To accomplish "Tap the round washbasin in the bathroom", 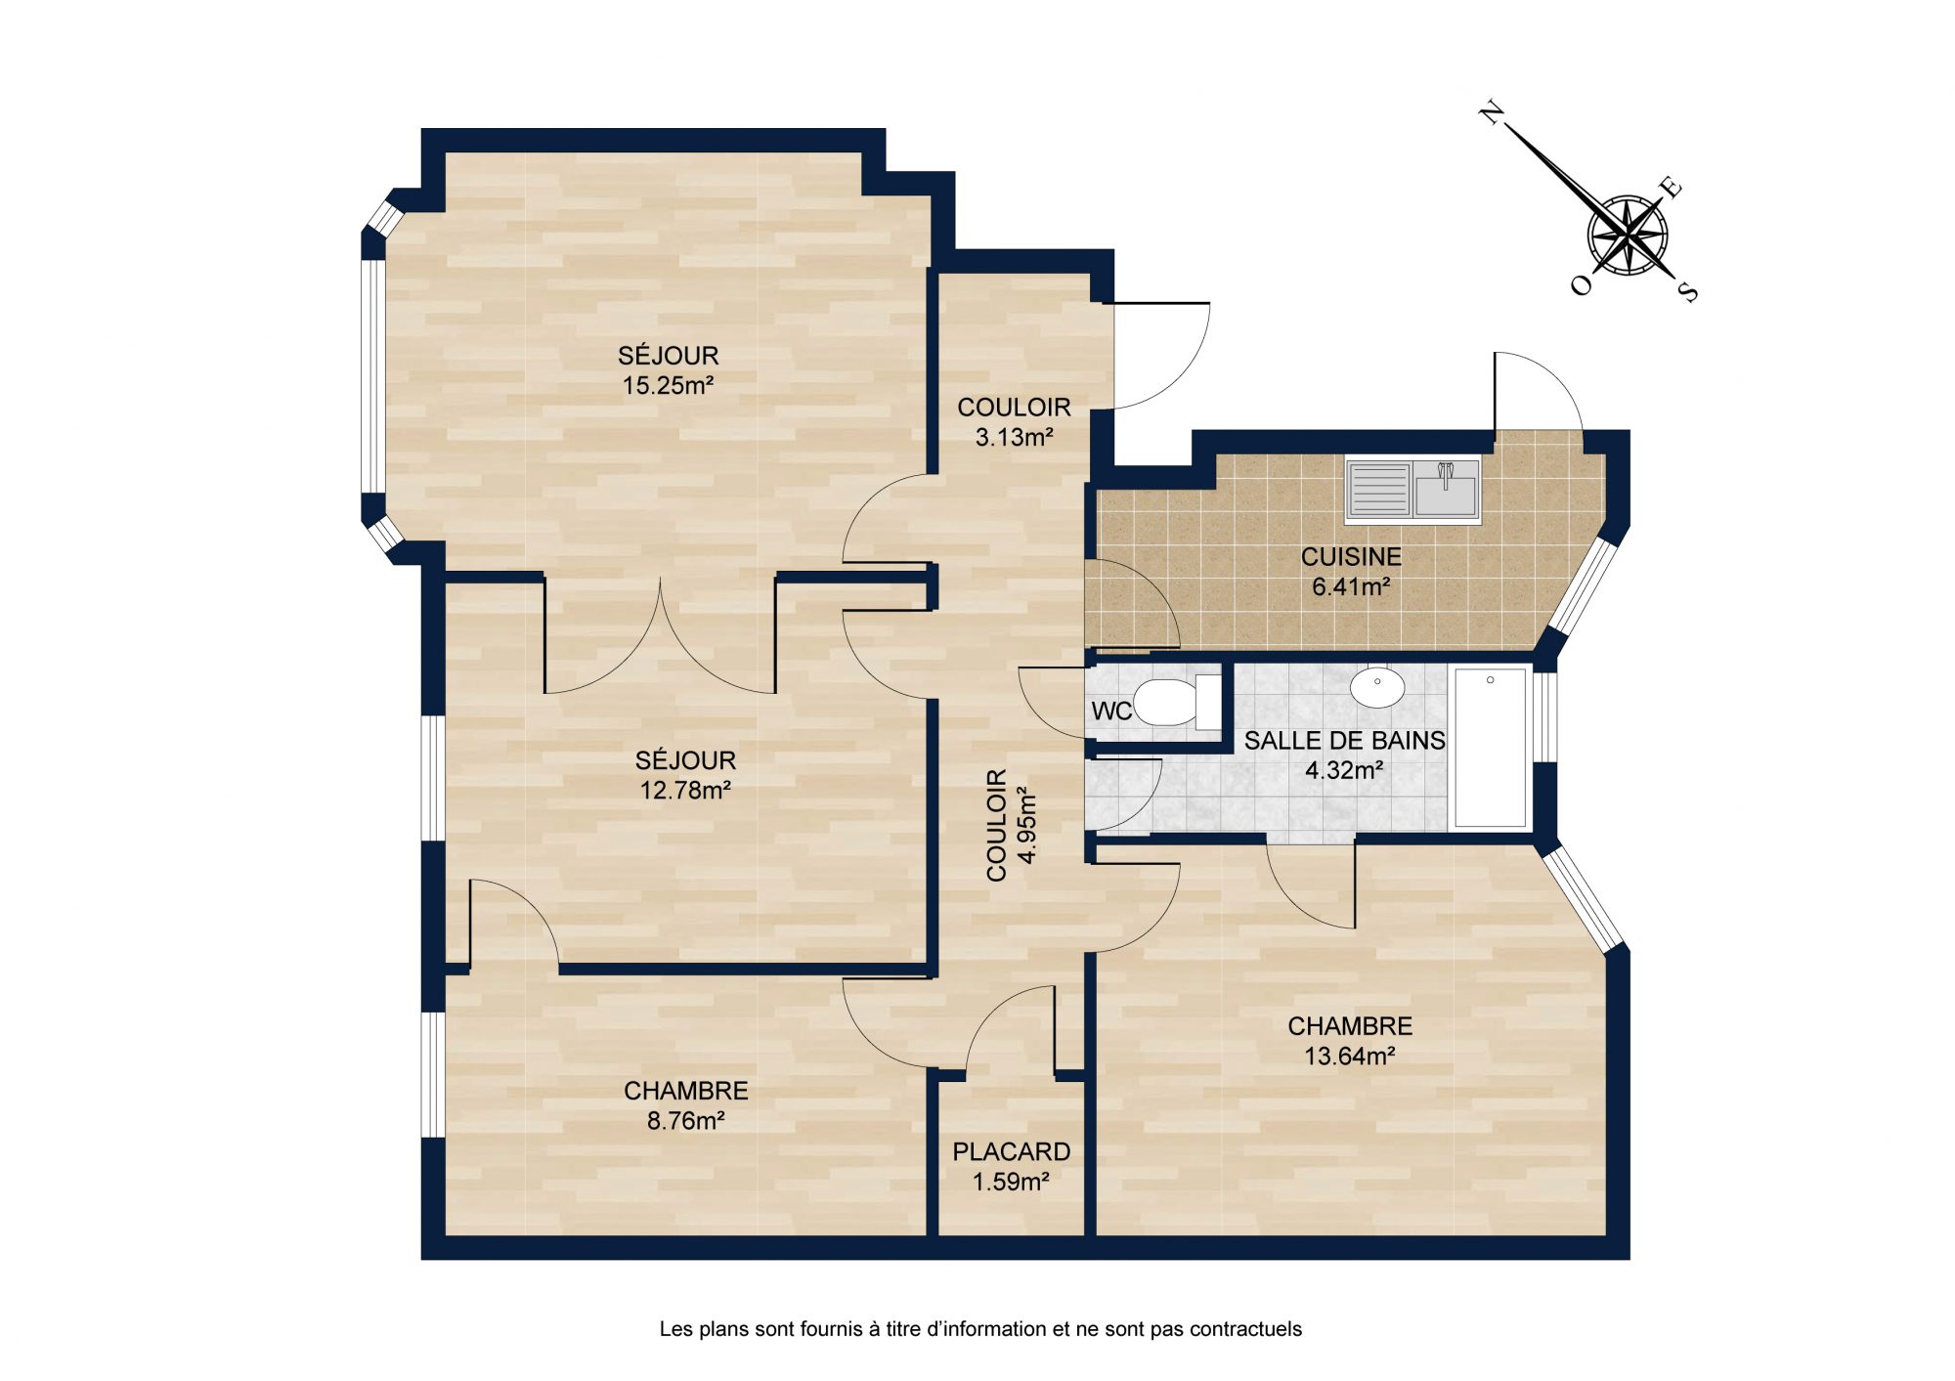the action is tap(1377, 687).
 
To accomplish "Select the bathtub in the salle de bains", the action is tap(1491, 748).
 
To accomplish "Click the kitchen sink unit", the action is tap(1412, 489).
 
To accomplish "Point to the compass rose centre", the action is tap(1628, 237).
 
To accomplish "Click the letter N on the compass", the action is tap(1491, 113).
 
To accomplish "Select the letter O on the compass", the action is tap(1581, 284).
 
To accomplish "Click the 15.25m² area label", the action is tap(669, 385).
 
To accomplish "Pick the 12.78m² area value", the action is tap(686, 790).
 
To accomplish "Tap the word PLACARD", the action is tap(1012, 1151).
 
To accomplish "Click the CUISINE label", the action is tap(1351, 557).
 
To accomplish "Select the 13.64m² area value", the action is tap(1350, 1056).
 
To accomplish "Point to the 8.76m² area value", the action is tap(686, 1120).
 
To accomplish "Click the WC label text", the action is tap(1111, 711).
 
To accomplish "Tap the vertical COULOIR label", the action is tap(996, 826).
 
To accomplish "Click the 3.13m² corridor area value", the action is tap(1015, 437).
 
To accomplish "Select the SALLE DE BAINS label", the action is tap(1345, 741).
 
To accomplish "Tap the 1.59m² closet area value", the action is tap(1012, 1182).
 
